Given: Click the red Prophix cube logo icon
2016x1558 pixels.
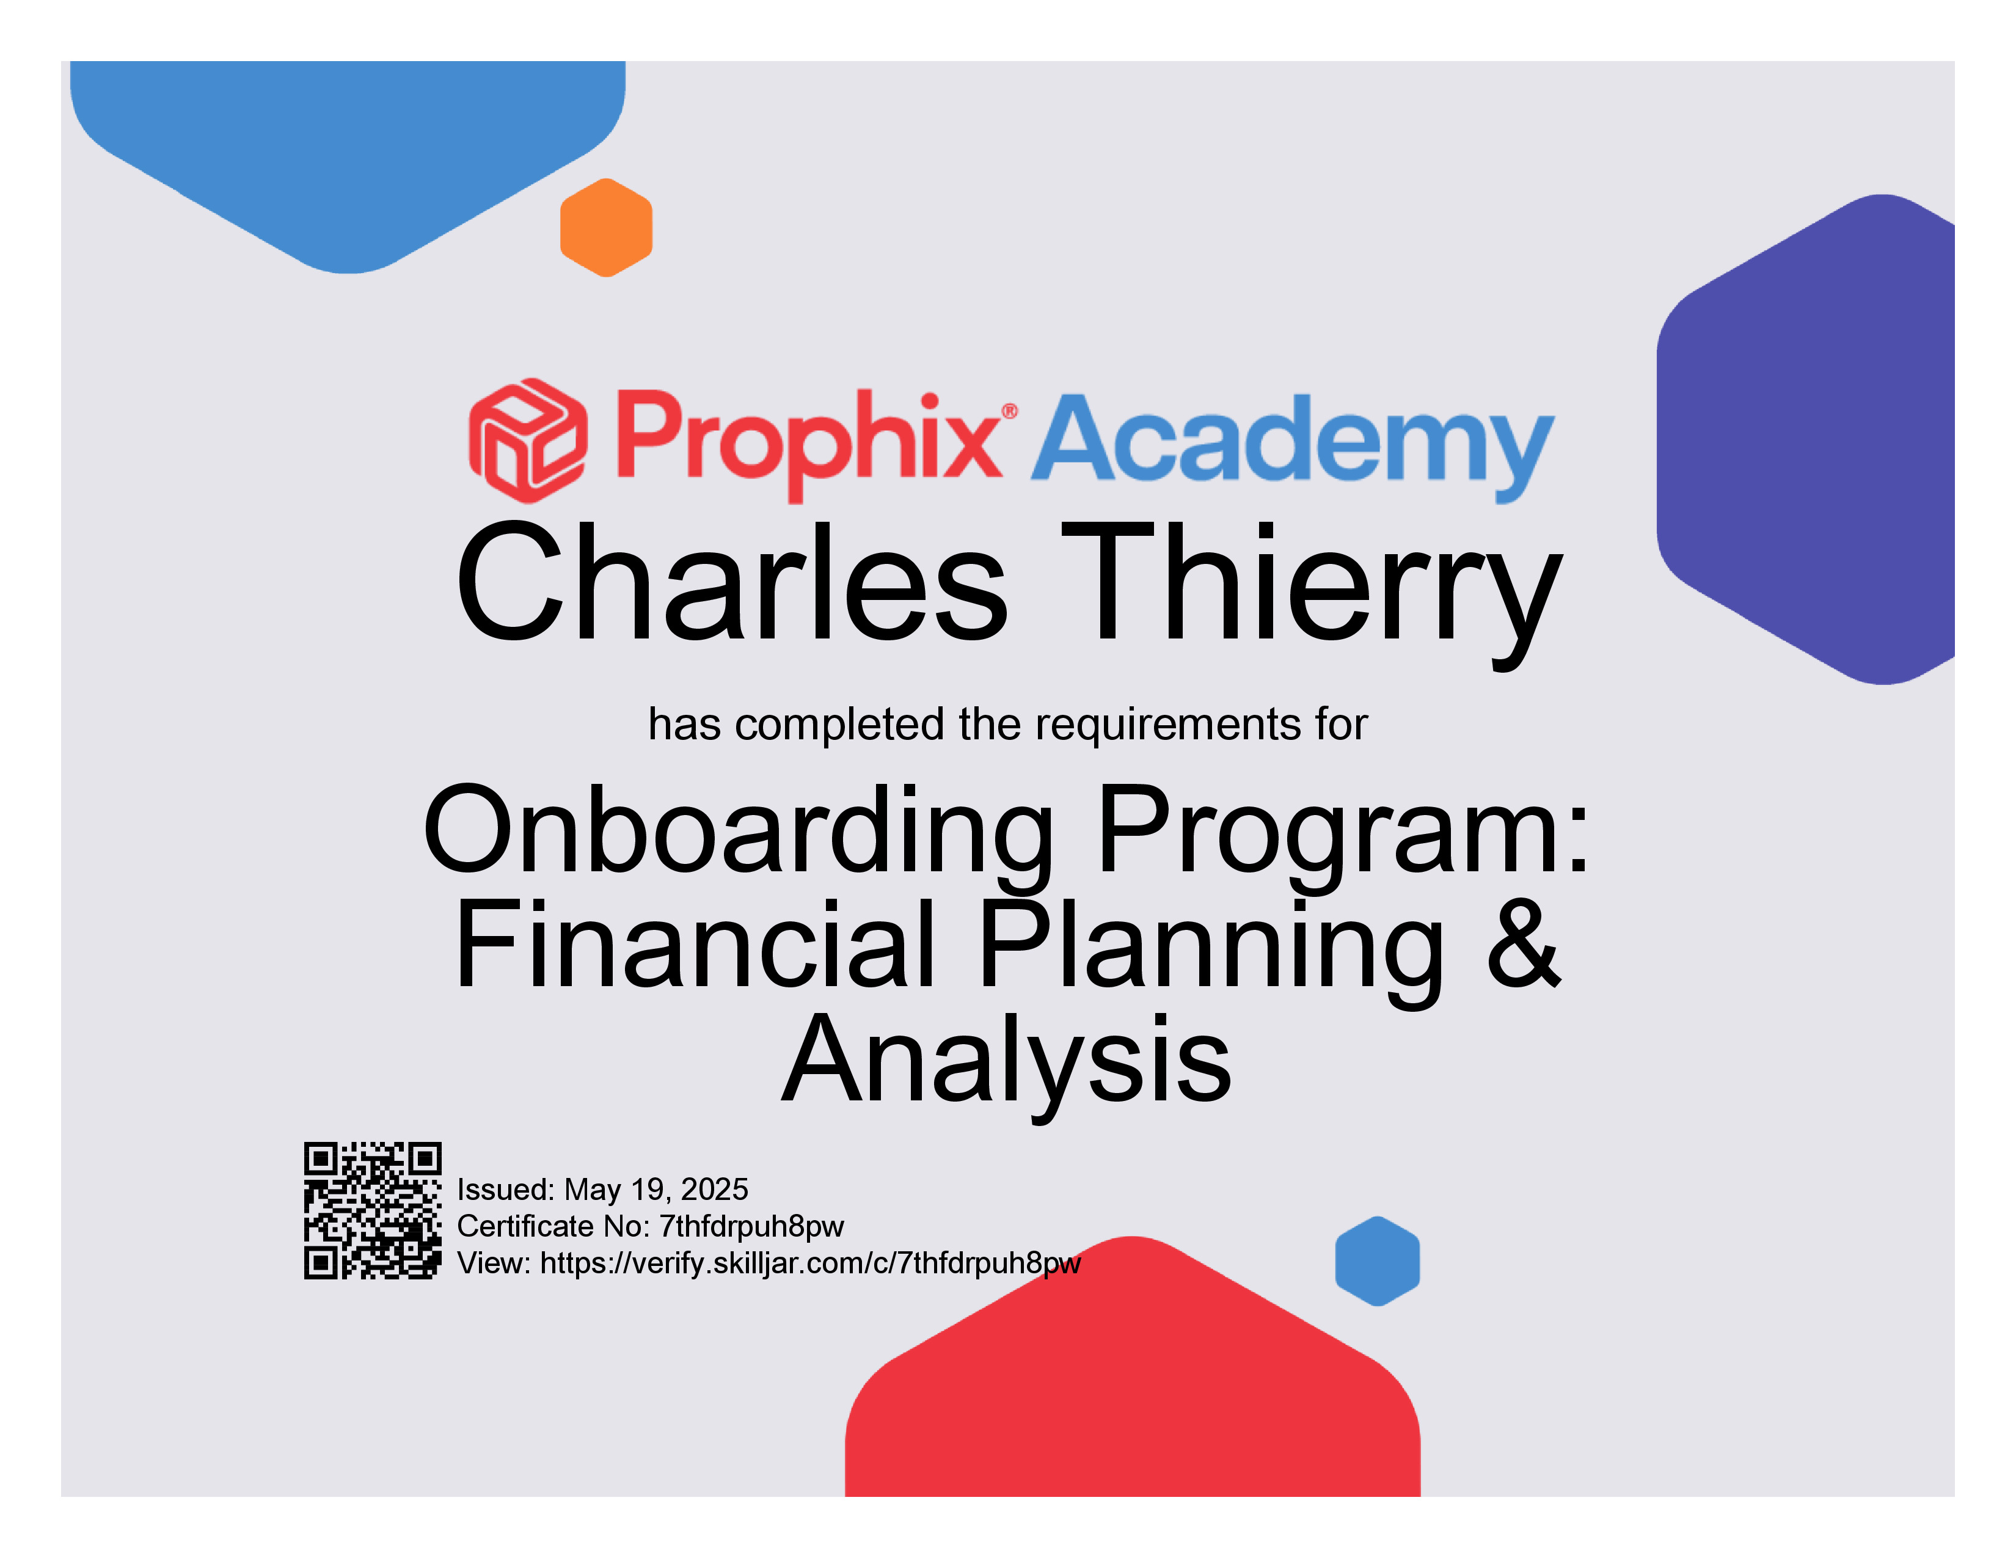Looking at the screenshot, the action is tap(527, 441).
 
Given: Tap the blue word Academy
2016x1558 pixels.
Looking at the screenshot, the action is tap(1292, 447).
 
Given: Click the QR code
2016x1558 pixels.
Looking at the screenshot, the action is tap(373, 1210).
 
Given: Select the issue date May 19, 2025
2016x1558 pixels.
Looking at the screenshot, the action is tap(656, 1189).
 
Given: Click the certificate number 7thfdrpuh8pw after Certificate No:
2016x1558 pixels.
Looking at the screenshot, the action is tap(751, 1227).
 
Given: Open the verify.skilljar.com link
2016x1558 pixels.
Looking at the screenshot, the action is tap(811, 1263).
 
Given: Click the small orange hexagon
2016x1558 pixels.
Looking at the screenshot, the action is tap(607, 227).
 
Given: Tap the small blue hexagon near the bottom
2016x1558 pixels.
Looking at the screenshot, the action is tap(1377, 1261).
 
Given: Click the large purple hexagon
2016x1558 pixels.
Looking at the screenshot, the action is tap(1805, 439).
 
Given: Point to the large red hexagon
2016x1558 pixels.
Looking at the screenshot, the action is tap(1133, 1375).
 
